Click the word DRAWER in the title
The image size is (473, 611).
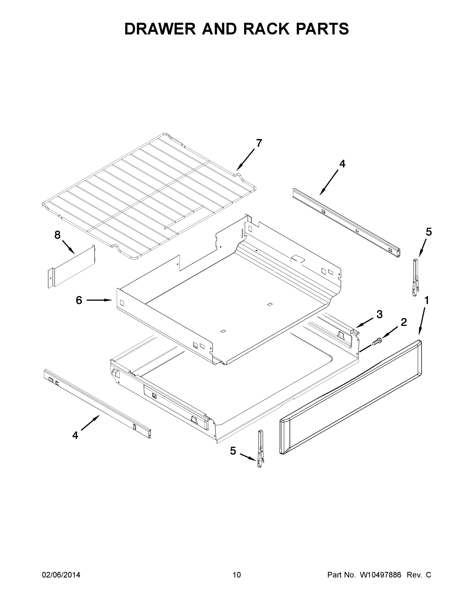tap(160, 29)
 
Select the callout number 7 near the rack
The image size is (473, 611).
tap(259, 143)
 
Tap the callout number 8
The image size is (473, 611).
tap(57, 235)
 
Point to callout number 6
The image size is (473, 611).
tap(79, 300)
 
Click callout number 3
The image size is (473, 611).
tap(379, 314)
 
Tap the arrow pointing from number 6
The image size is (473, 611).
tap(99, 300)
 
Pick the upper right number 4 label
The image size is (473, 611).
tap(342, 164)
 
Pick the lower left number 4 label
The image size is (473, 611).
tap(75, 435)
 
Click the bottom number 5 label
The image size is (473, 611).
tap(233, 451)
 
